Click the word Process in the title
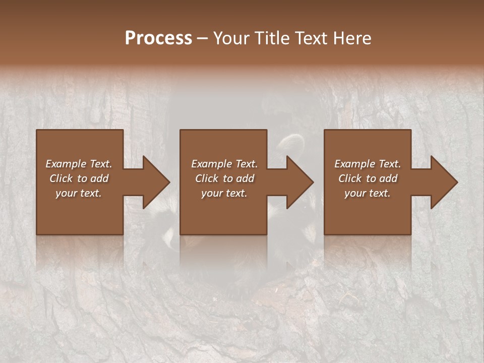[158, 38]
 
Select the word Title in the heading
[270, 38]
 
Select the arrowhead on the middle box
[297, 182]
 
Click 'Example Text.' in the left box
[79, 164]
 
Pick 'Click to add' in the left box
[79, 178]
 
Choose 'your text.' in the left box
[79, 193]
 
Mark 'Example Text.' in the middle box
[224, 164]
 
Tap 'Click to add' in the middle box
[224, 178]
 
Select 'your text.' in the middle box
[224, 193]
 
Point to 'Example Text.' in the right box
[368, 164]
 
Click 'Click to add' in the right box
[368, 178]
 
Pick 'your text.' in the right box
[368, 193]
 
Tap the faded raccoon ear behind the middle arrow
[289, 143]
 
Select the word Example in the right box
[354, 164]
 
